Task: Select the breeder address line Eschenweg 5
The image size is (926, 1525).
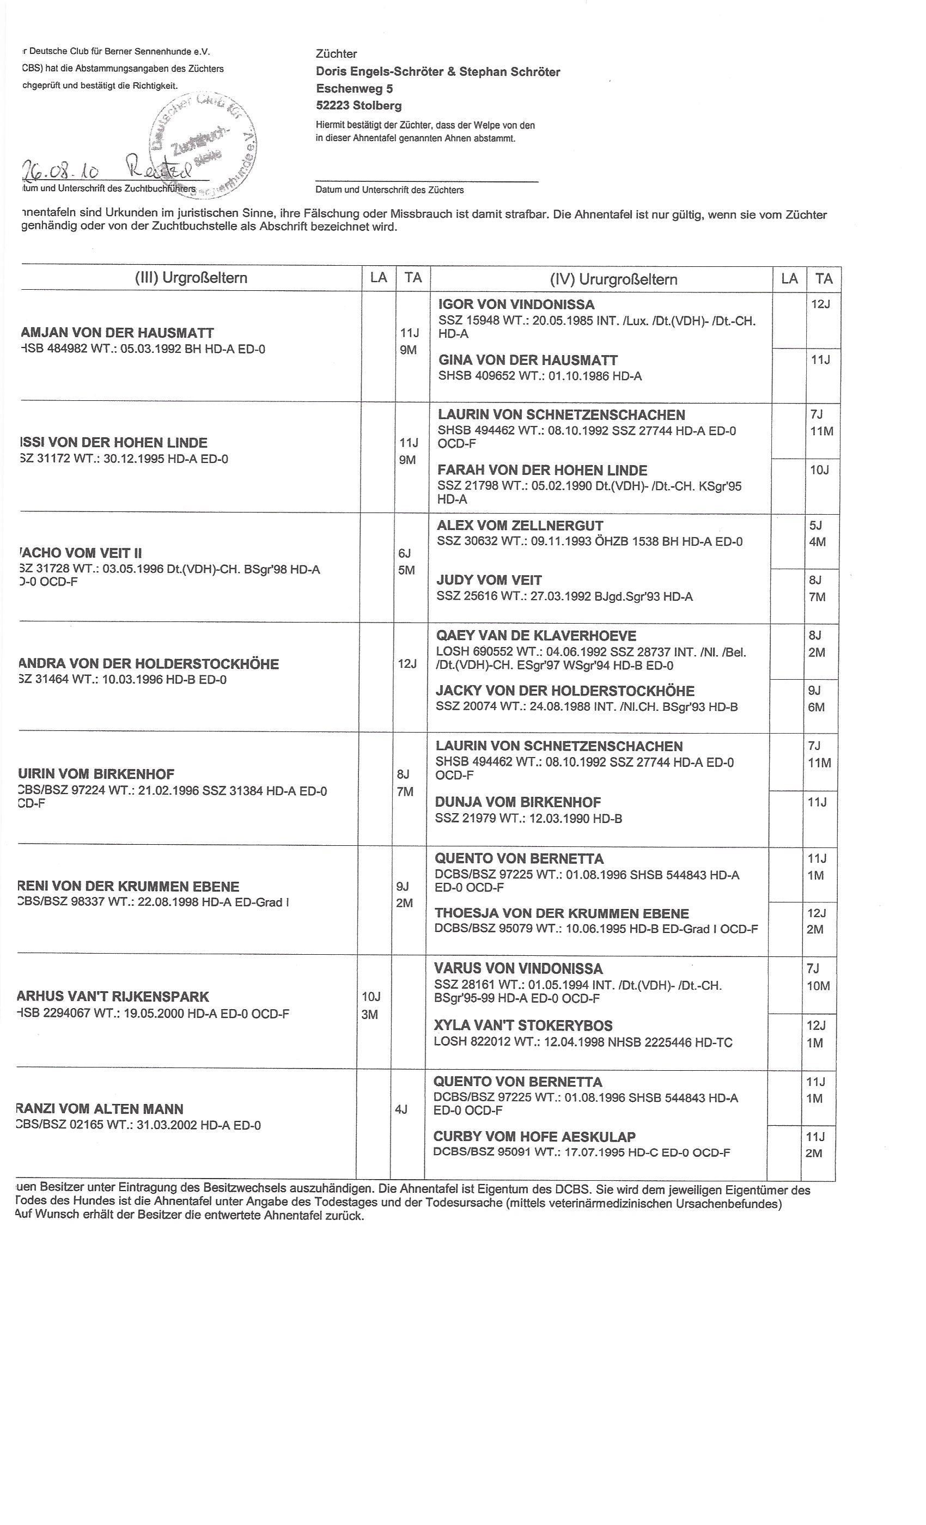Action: (354, 88)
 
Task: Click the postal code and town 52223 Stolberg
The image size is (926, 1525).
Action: (358, 105)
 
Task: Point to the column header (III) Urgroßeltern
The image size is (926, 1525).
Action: (191, 278)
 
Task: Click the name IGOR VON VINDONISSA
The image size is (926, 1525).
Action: (516, 304)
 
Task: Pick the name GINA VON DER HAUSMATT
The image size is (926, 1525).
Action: (527, 360)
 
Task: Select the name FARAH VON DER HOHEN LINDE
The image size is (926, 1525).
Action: (542, 471)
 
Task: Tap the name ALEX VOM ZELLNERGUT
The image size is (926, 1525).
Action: (520, 526)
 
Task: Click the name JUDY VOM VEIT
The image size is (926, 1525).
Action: (489, 581)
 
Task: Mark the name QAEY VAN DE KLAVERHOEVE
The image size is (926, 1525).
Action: (536, 636)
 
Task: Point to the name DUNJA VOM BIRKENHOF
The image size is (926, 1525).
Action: (517, 802)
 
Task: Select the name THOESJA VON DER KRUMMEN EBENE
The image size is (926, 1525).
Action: (562, 913)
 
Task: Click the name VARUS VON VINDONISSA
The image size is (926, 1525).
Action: (518, 968)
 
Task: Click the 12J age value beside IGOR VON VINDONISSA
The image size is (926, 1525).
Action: (820, 304)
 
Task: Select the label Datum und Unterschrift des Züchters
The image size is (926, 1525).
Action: (389, 190)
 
